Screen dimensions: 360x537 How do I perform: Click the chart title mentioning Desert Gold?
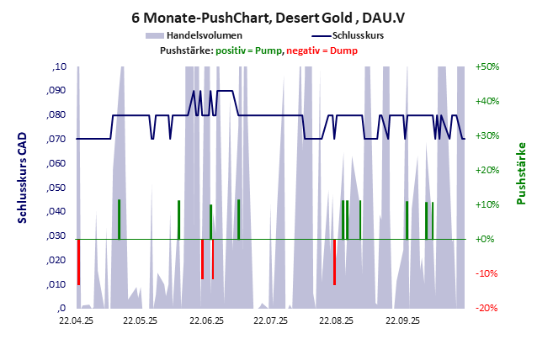[268, 16]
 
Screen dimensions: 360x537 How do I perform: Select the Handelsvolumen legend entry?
[205, 36]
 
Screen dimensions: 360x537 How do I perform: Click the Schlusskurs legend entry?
[359, 36]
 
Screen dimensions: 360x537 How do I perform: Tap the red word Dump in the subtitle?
[343, 50]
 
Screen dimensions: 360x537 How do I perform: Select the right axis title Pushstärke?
[521, 173]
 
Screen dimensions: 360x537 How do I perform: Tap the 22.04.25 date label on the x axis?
[76, 320]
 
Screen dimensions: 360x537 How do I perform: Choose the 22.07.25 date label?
[271, 320]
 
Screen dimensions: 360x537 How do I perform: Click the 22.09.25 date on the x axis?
[401, 320]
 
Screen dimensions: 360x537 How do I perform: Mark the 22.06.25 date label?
[206, 320]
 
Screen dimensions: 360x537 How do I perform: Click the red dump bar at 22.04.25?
[78, 262]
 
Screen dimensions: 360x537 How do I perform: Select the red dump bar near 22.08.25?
[334, 262]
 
